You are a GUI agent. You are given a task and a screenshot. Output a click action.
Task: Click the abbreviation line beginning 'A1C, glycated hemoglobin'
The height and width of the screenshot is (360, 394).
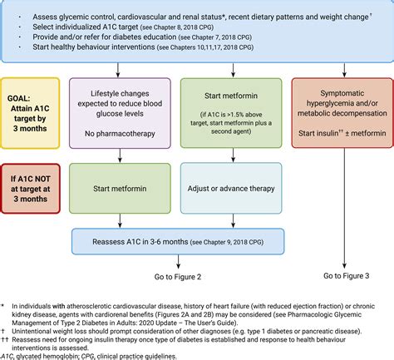100,355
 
